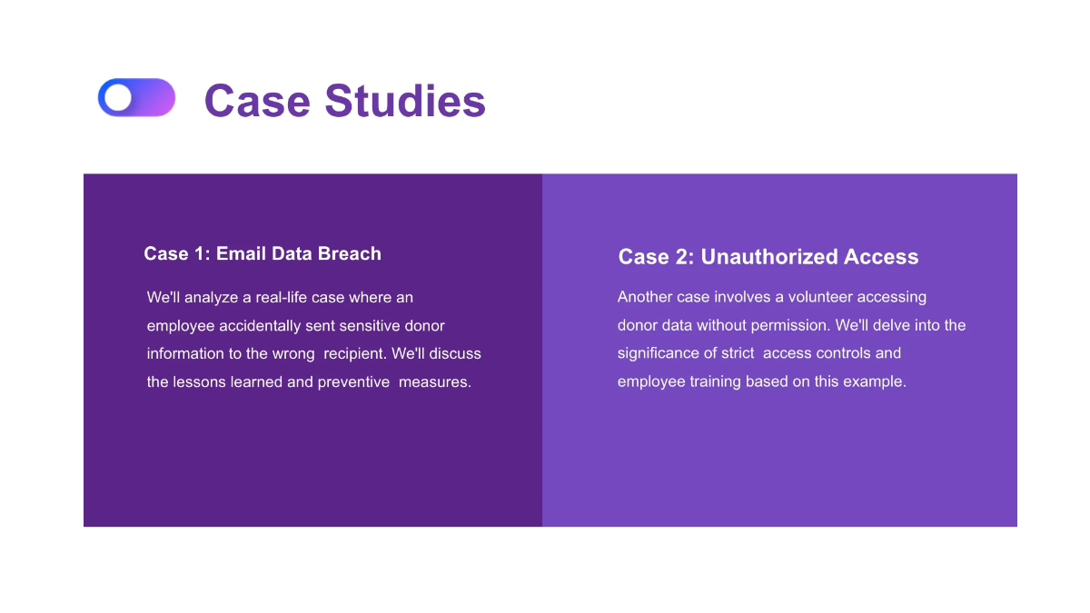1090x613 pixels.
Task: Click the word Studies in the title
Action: pyautogui.click(x=405, y=100)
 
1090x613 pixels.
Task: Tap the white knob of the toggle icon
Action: pyautogui.click(x=118, y=97)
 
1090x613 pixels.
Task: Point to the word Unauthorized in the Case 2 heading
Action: pyautogui.click(x=769, y=257)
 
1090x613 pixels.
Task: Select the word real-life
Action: pyautogui.click(x=276, y=297)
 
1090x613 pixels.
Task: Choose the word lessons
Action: pyautogui.click(x=199, y=381)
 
